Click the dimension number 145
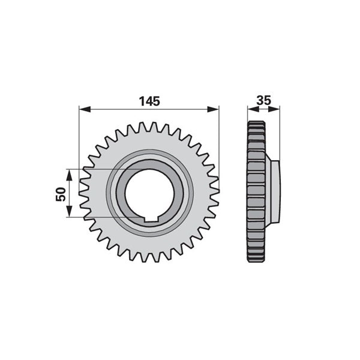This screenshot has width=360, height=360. (x=149, y=101)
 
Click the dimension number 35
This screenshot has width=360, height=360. (x=264, y=101)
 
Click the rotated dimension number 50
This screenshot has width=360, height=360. (x=61, y=194)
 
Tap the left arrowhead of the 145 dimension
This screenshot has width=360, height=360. (x=85, y=109)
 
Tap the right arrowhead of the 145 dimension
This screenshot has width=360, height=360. (x=213, y=109)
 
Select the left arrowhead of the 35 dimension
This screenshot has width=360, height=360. (x=253, y=109)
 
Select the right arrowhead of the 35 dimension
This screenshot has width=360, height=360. (x=274, y=109)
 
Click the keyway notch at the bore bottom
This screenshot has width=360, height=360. (x=151, y=219)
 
